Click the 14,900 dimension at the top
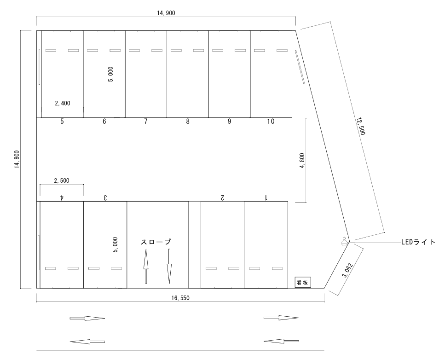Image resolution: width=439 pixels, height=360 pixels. pyautogui.click(x=166, y=13)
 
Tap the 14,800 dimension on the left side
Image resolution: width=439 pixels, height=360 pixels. pyautogui.click(x=17, y=159)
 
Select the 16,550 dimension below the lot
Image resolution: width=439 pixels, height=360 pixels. pyautogui.click(x=180, y=298)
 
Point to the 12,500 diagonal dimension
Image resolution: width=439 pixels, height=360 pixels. pyautogui.click(x=361, y=126)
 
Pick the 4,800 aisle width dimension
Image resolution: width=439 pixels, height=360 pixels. pyautogui.click(x=302, y=161)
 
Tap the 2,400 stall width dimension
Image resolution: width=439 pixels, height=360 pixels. pyautogui.click(x=63, y=103)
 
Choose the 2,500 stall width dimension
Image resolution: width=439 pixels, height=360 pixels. pyautogui.click(x=62, y=180)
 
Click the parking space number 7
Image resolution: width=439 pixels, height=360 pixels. pyautogui.click(x=145, y=122)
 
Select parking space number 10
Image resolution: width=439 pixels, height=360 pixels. pyautogui.click(x=271, y=122)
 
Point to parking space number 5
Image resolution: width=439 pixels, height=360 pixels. pyautogui.click(x=62, y=122)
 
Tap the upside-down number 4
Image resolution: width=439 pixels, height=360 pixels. pyautogui.click(x=62, y=197)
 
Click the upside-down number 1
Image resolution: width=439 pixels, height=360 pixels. pyautogui.click(x=266, y=197)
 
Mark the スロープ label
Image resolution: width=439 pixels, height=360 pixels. pyautogui.click(x=156, y=242)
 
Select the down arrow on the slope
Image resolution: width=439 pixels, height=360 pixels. pyautogui.click(x=169, y=267)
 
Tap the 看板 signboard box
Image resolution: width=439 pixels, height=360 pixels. pyautogui.click(x=302, y=283)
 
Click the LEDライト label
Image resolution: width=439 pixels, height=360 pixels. pyautogui.click(x=418, y=242)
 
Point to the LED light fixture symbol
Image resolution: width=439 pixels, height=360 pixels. pyautogui.click(x=344, y=242)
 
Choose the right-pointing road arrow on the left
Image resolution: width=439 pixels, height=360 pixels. pyautogui.click(x=87, y=318)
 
